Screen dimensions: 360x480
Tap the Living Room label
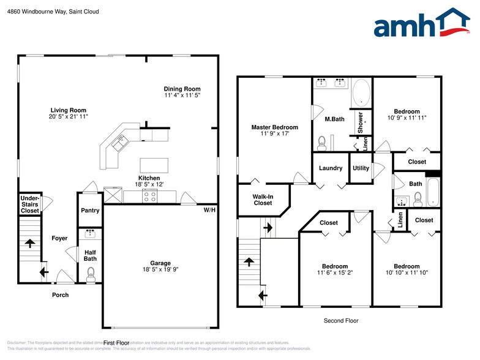68,110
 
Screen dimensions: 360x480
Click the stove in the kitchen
150,196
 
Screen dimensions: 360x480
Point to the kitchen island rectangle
154,165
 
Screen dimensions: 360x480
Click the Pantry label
90,211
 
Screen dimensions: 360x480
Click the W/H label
209,211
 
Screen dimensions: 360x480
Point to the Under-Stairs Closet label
29,204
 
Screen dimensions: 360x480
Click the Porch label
60,295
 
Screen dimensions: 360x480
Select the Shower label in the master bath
361,122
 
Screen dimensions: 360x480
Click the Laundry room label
331,168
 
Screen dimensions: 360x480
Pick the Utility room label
361,168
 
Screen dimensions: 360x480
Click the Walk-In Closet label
263,200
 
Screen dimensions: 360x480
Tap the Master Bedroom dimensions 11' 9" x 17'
274,133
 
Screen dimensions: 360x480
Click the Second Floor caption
341,320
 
